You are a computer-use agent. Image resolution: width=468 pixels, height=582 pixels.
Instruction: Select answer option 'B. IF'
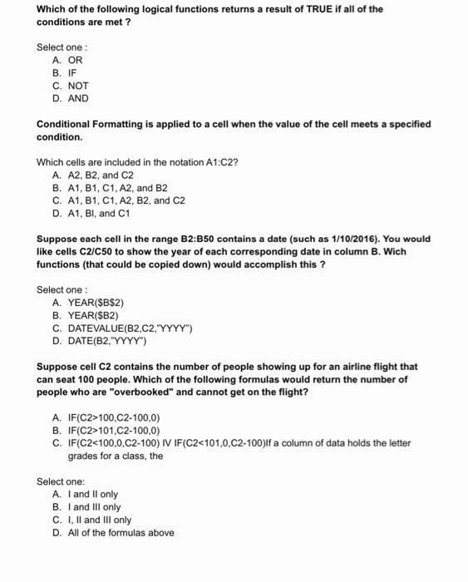pos(64,73)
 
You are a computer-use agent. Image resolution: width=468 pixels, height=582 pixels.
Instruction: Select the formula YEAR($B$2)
pos(92,303)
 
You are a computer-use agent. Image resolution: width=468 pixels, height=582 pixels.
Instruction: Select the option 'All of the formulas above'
pos(119,532)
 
